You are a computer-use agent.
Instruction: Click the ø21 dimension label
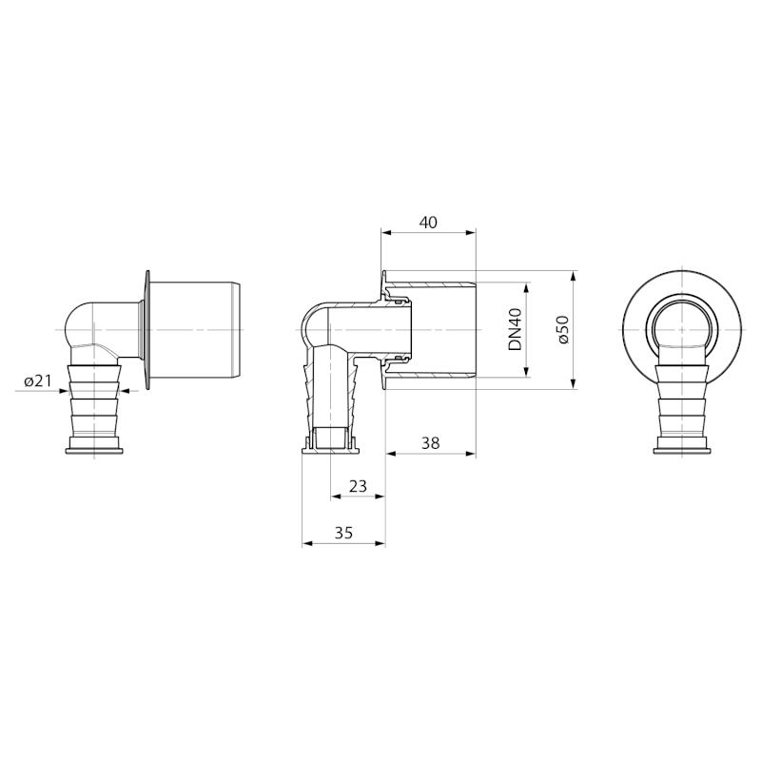click(37, 381)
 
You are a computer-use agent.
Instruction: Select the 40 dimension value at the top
click(428, 223)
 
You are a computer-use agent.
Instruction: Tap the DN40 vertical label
click(515, 329)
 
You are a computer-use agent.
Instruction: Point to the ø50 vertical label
click(563, 329)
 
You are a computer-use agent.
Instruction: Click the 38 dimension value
click(431, 443)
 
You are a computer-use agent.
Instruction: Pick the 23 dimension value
click(359, 486)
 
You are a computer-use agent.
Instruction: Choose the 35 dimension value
click(343, 533)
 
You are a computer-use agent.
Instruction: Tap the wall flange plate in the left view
click(147, 329)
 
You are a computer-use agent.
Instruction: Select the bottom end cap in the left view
click(94, 445)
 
